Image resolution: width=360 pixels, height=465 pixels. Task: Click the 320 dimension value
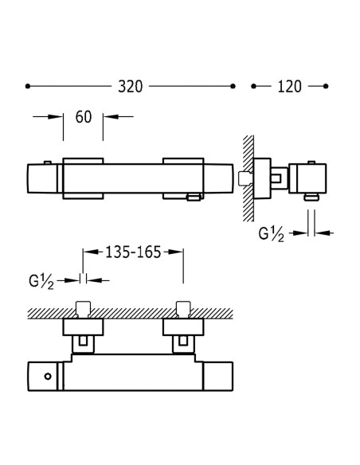point(131,87)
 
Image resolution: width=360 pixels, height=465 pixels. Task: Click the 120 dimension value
point(289,87)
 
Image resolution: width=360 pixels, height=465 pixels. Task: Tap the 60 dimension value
point(84,117)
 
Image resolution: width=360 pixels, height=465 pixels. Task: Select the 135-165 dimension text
point(133,252)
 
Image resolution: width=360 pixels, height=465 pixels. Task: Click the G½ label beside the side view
point(271,234)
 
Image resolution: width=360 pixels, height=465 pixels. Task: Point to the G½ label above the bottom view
point(41,281)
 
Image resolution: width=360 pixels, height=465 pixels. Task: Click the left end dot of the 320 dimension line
point(28,86)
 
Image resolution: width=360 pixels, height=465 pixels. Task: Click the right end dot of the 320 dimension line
point(233,86)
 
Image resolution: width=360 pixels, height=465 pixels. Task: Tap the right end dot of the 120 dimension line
point(326,86)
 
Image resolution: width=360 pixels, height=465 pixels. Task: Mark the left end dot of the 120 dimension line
point(253,86)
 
